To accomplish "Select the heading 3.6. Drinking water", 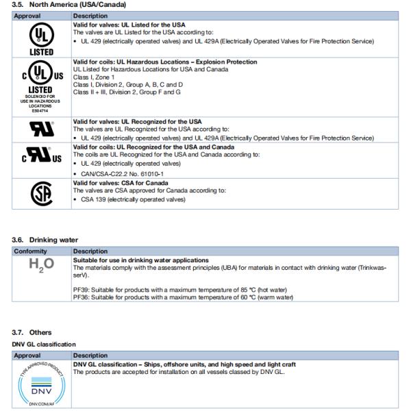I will pos(45,240).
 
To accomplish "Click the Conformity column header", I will pos(31,251).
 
